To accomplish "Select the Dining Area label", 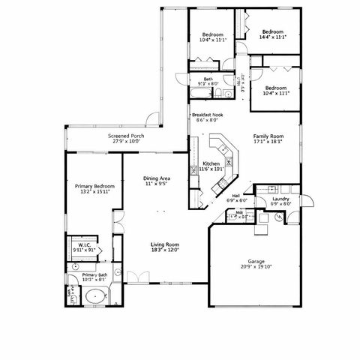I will tap(156, 178).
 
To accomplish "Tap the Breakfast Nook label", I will tap(207, 115).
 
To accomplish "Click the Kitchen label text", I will tap(211, 163).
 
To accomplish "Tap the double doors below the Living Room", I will tap(137, 277).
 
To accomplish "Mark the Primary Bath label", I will tap(94, 275).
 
